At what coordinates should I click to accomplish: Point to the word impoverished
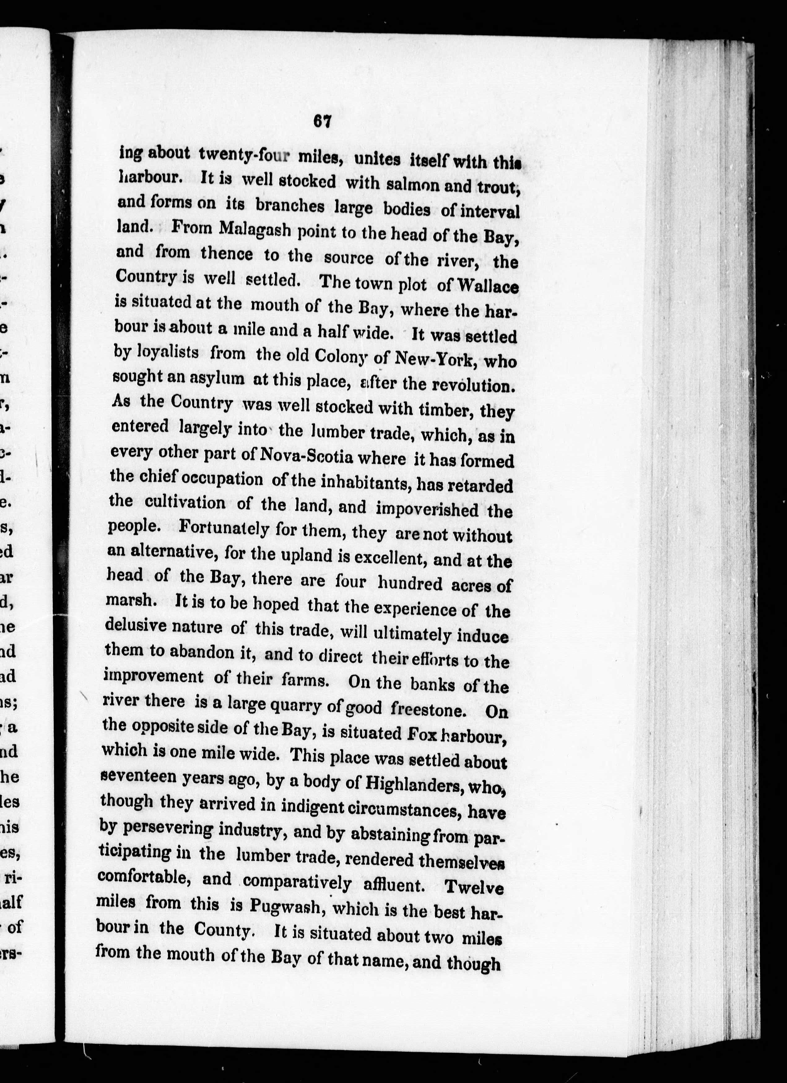(427, 509)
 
